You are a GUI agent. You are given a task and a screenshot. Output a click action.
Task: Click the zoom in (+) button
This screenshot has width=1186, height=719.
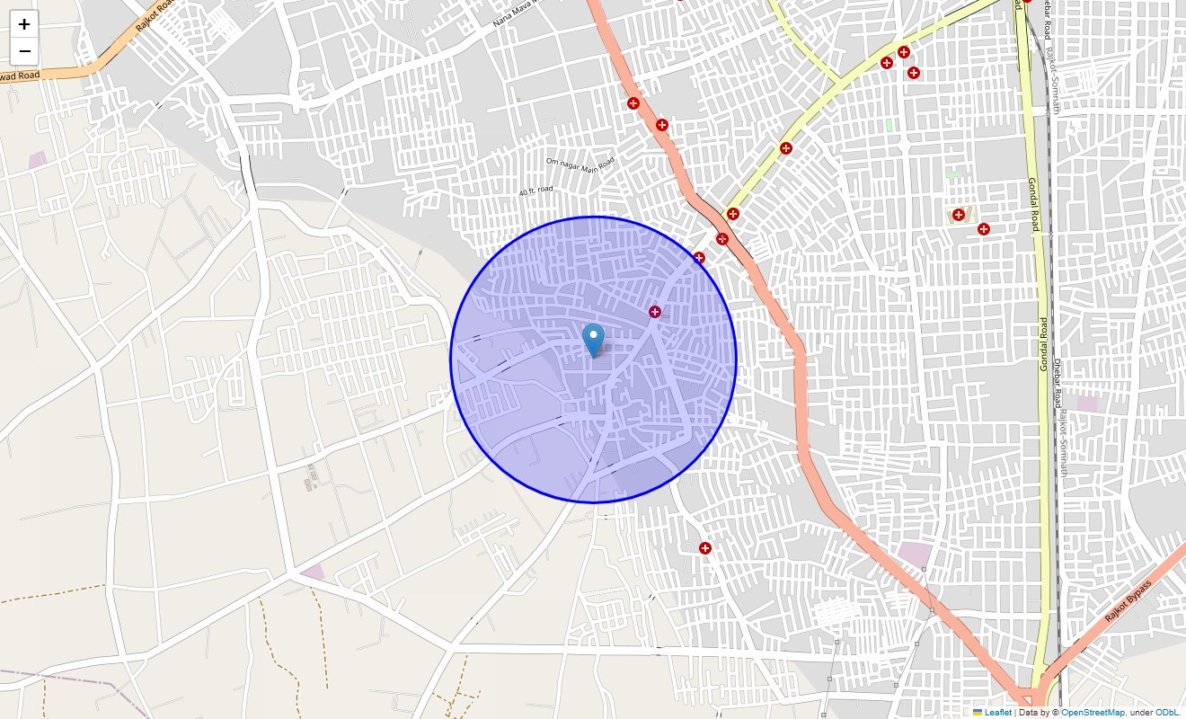(x=24, y=24)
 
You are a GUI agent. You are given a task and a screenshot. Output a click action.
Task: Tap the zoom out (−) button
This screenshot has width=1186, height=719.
(x=24, y=51)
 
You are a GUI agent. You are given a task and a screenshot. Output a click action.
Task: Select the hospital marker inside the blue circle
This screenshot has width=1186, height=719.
(x=655, y=312)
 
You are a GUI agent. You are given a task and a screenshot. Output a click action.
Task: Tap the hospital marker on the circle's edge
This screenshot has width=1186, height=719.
(x=699, y=258)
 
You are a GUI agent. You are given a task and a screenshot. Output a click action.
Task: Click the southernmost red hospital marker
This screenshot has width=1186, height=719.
(x=705, y=548)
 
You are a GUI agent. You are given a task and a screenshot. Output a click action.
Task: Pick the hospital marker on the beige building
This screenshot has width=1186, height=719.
(x=959, y=215)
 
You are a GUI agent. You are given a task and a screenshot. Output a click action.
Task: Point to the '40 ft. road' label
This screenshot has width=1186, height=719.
(x=535, y=191)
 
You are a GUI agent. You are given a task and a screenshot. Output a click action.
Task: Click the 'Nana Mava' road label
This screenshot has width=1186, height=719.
(x=518, y=13)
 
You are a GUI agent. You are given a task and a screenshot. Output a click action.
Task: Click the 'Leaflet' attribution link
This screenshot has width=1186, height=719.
(x=997, y=713)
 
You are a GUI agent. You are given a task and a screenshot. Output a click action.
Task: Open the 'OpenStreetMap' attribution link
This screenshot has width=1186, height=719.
(x=1093, y=713)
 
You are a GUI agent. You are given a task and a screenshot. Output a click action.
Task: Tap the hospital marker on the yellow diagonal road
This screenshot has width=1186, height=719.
(x=786, y=148)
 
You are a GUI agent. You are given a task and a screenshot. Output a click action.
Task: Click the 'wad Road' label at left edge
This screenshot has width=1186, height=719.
(x=18, y=77)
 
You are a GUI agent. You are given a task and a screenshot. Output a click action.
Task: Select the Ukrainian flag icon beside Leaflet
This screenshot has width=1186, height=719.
(x=978, y=713)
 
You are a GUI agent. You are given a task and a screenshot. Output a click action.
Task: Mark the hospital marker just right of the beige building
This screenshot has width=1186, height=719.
(x=984, y=229)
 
